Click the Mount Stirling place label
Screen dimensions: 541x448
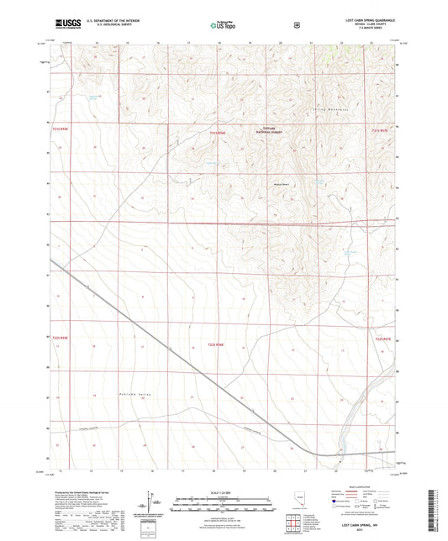(280, 186)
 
